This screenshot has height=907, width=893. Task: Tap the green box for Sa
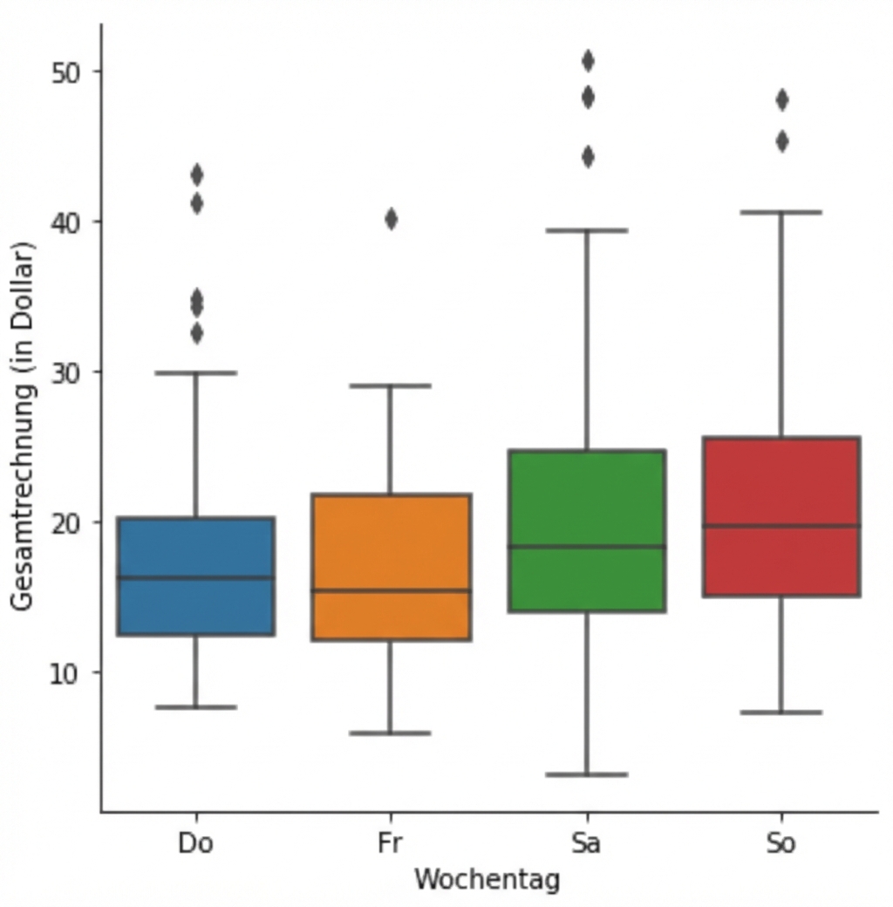coord(587,497)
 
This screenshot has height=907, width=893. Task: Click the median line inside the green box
coord(587,547)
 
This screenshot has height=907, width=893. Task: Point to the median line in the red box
coord(782,526)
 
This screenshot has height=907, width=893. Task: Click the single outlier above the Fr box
coord(391,219)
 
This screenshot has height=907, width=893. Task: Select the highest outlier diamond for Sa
coord(588,61)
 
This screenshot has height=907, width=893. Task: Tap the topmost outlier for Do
coord(197,175)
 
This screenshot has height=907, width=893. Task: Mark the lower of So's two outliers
coord(782,141)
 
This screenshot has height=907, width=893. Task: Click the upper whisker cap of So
coord(782,212)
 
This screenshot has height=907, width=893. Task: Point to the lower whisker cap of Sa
coord(587,774)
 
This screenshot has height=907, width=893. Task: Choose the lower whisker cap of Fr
coord(391,733)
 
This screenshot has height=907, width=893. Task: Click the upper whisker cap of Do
coord(196,372)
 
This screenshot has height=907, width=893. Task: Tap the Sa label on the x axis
coord(586,844)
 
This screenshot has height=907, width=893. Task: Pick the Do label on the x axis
coord(195,844)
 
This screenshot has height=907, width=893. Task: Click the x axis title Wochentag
coord(487,879)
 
